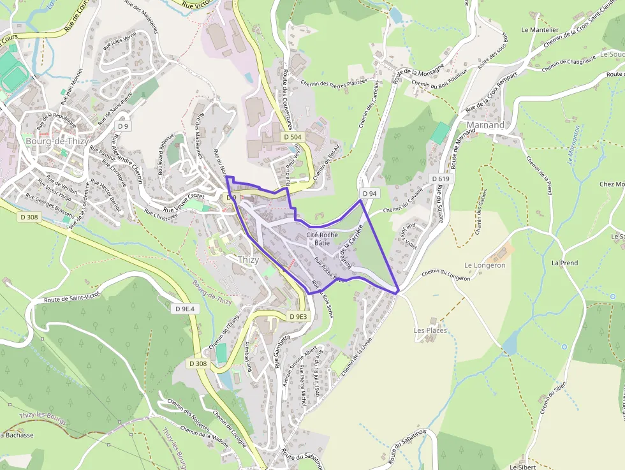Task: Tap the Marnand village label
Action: (x=485, y=125)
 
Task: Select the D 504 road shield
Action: (x=292, y=137)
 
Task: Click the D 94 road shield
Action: (x=369, y=193)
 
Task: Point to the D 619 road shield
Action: (x=441, y=179)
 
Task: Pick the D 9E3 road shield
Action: (x=298, y=316)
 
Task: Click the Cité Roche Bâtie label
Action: (x=322, y=239)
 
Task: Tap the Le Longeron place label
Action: (x=485, y=265)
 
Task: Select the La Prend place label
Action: (x=564, y=263)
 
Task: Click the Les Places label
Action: (x=430, y=331)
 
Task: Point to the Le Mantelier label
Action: (x=540, y=29)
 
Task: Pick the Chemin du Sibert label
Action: (x=554, y=396)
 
